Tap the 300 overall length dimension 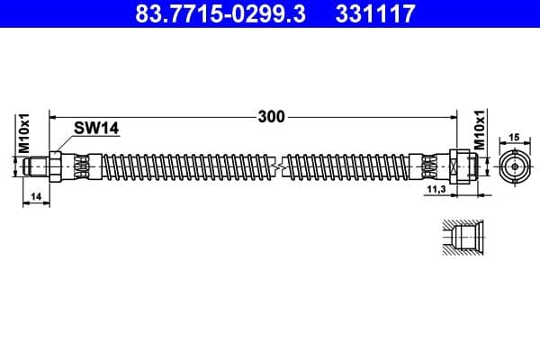[x=270, y=116]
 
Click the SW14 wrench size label [x=98, y=130]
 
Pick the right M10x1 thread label [x=479, y=131]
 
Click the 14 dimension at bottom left [x=35, y=195]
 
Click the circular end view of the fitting [x=514, y=166]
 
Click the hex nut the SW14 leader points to [x=55, y=166]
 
